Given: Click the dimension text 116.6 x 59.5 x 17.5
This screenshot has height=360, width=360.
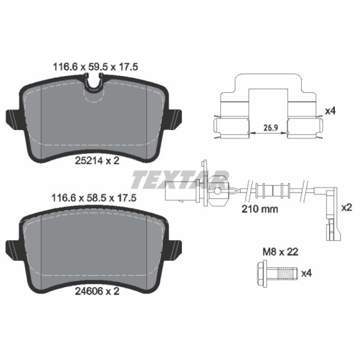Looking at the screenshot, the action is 95,67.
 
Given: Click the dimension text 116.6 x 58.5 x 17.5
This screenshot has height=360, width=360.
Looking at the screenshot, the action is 94,198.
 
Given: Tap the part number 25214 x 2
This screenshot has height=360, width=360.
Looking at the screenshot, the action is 97,161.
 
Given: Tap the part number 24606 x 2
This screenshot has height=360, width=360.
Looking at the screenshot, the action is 97,291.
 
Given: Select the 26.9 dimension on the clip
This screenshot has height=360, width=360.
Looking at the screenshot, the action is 271,127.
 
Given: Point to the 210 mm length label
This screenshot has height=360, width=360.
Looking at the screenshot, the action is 260,209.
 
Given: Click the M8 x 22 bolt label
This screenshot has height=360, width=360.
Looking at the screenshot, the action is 280,252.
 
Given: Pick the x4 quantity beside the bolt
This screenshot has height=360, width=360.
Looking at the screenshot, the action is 306,273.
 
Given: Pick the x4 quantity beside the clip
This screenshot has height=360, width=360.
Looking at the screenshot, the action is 330,111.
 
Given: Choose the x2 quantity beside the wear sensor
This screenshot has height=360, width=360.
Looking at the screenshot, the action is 346,207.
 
